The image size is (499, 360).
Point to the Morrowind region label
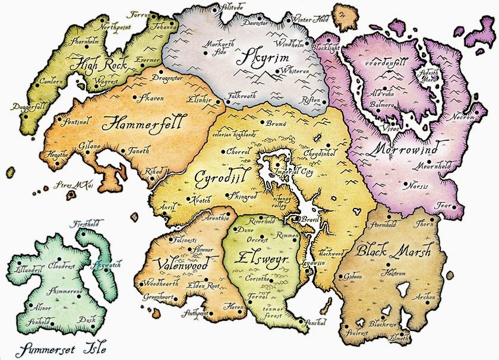pyautogui.click(x=405, y=147)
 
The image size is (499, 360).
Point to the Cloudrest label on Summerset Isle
pyautogui.click(x=61, y=265)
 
